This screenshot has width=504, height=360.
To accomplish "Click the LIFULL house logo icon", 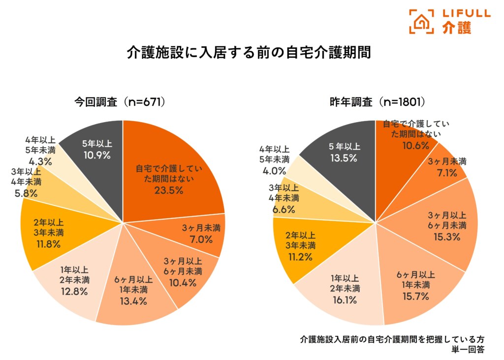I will pyautogui.click(x=421, y=21).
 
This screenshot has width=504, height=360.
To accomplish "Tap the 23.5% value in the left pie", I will pyautogui.click(x=167, y=190).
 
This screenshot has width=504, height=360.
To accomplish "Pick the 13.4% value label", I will pyautogui.click(x=133, y=301).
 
